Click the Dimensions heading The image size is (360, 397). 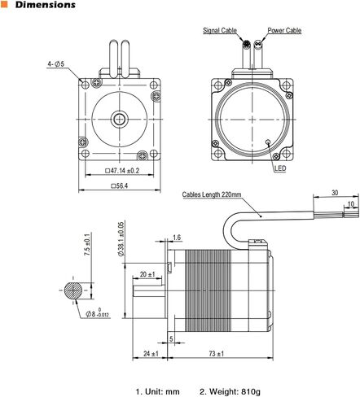(x=46, y=5)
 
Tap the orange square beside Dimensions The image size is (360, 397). (x=4, y=4)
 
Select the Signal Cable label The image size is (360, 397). (x=220, y=30)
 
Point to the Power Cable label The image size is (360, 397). (x=284, y=30)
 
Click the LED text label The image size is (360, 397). (x=280, y=168)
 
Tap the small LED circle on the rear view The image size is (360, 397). (x=268, y=142)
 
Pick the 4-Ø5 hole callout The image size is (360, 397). (x=55, y=64)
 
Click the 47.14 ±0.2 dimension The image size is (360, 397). (x=122, y=171)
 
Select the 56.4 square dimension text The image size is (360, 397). (x=120, y=185)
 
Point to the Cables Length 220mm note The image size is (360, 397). (x=212, y=194)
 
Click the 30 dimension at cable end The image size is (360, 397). (x=335, y=193)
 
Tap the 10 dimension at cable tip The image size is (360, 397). (x=351, y=204)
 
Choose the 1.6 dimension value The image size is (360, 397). (x=177, y=238)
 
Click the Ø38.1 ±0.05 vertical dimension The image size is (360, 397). (x=121, y=239)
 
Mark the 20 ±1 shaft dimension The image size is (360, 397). (x=147, y=274)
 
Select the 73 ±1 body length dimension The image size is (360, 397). (x=217, y=354)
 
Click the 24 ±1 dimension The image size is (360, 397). (x=151, y=354)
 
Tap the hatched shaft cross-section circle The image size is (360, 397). (x=73, y=290)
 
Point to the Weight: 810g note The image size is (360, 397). (x=230, y=391)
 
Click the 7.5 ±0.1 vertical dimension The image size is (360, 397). (x=87, y=244)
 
